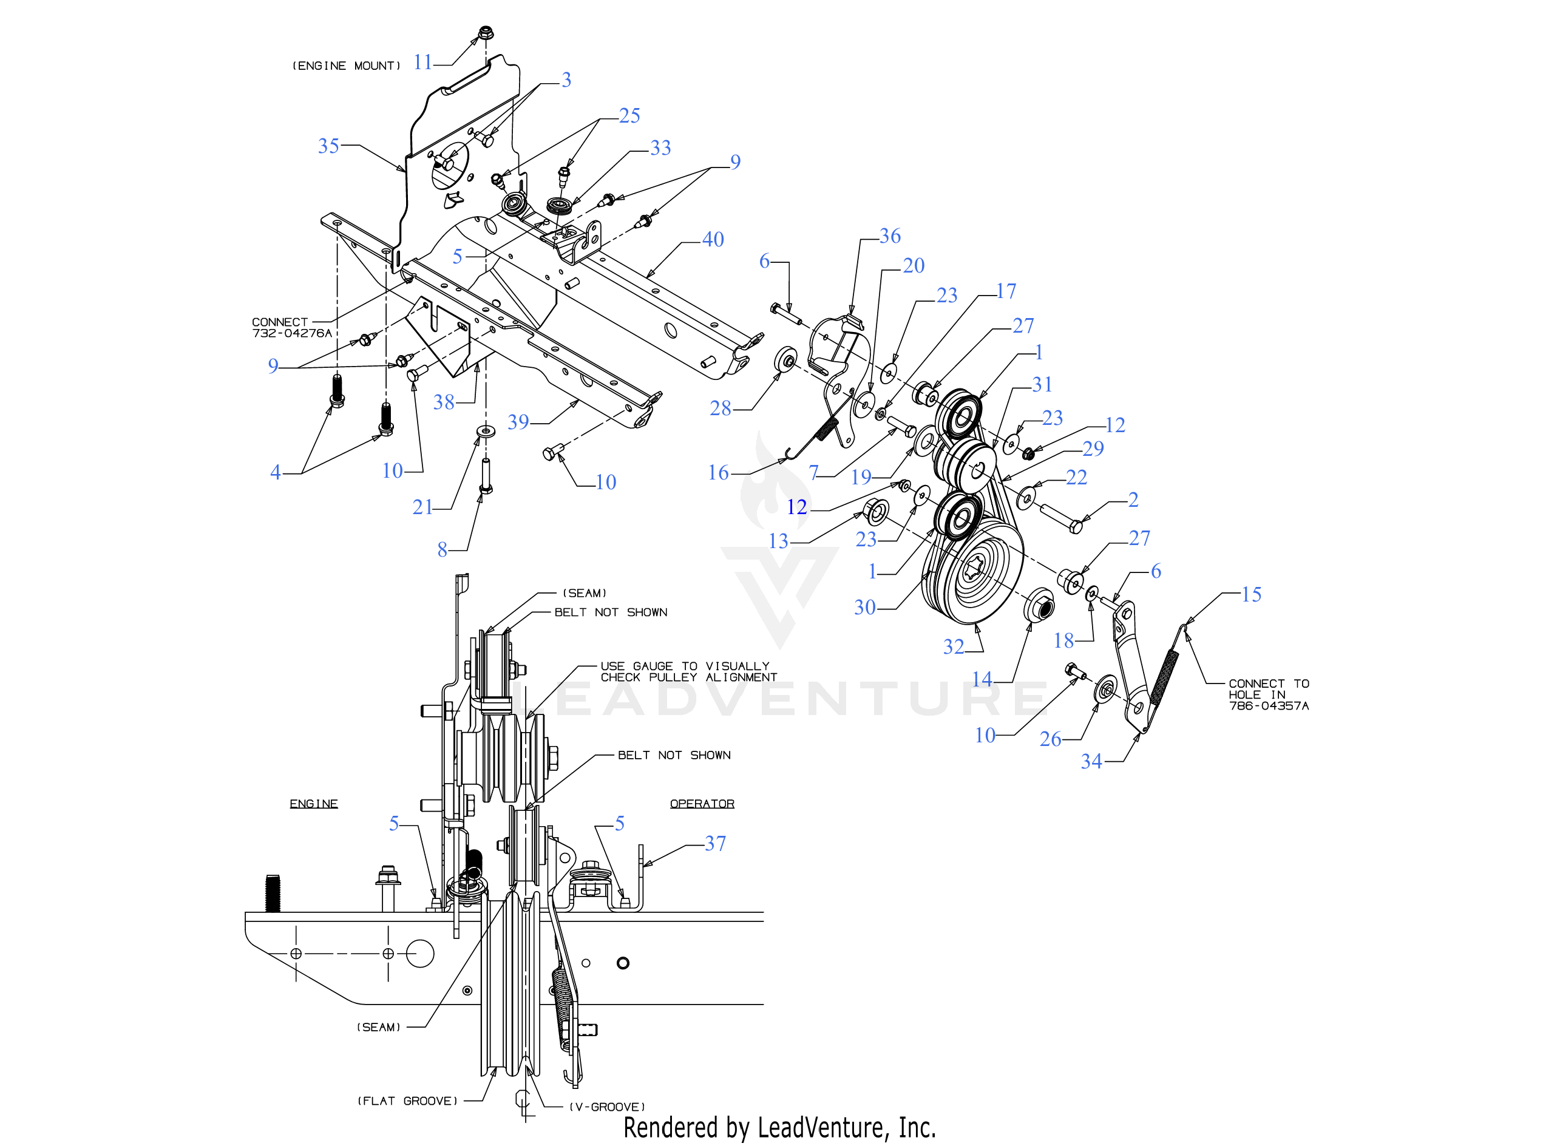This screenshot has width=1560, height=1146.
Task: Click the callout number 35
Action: [328, 146]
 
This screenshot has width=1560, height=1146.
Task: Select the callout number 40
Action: [713, 240]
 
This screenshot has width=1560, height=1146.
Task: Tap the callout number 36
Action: [890, 237]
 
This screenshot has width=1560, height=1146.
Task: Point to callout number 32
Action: [954, 647]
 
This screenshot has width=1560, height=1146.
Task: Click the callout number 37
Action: [715, 844]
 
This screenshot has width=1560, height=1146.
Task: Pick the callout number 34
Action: [1091, 762]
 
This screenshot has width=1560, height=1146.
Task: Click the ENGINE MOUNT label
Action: [346, 66]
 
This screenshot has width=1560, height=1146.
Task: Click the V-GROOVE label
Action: [607, 1107]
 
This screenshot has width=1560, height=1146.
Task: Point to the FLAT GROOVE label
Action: [407, 1101]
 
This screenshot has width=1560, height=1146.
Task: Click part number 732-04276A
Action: [292, 334]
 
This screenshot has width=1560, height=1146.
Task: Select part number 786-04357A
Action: [1269, 706]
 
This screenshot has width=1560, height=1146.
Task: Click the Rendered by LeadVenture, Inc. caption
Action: [779, 1128]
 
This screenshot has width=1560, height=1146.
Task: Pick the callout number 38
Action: [444, 402]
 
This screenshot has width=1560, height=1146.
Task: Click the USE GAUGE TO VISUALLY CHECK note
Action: [688, 671]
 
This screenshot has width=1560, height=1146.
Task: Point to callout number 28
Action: [720, 409]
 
